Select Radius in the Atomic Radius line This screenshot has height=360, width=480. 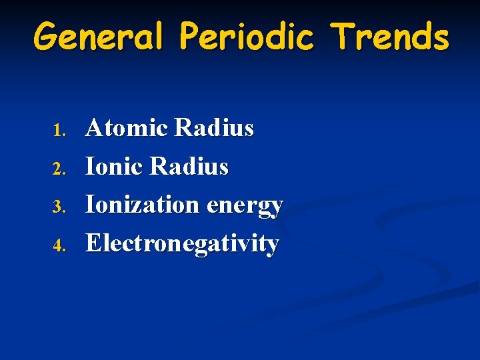(214, 127)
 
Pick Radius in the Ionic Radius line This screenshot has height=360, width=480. (189, 166)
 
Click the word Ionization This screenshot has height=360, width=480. (142, 205)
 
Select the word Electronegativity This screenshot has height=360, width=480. (182, 244)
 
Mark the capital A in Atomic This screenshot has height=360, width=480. (95, 127)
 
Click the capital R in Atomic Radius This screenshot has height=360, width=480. (183, 127)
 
